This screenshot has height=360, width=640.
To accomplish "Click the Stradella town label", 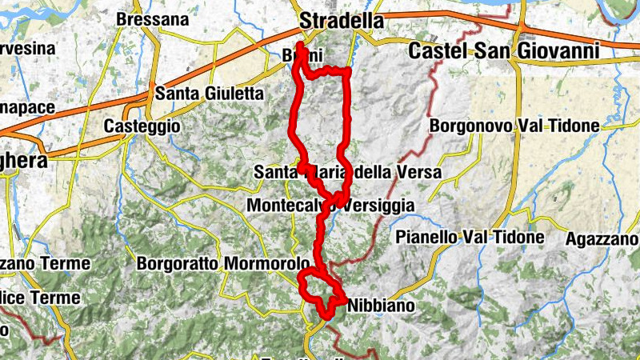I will point(341,21).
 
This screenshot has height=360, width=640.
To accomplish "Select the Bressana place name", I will point(153,19).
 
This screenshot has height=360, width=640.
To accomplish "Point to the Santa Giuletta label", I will point(209,94).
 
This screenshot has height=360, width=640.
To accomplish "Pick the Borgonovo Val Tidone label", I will point(514,126).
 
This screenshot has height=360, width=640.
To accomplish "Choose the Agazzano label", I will point(602,239).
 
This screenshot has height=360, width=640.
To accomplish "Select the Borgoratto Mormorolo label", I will point(223,263).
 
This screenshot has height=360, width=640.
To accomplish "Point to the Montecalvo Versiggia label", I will point(331,206).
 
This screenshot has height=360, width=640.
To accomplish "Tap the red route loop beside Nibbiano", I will point(319,291).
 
